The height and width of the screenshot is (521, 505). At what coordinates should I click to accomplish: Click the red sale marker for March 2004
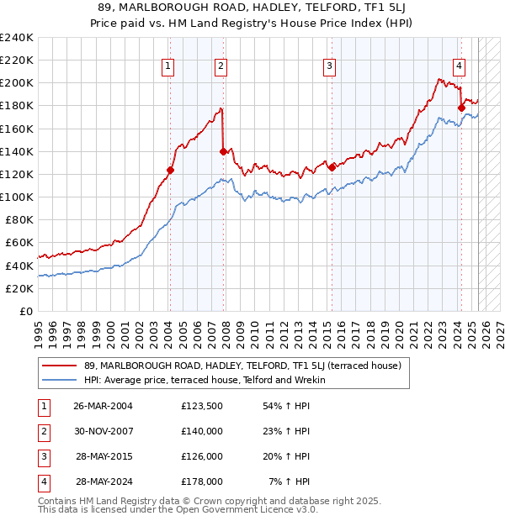click(x=170, y=170)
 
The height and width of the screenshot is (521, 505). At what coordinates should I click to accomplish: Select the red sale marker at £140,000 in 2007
click(x=222, y=151)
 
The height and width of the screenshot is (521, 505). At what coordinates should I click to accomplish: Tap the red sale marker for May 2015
click(x=332, y=166)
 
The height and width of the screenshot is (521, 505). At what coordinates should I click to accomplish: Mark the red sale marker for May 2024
click(x=461, y=107)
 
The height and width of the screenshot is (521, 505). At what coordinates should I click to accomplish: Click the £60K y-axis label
click(x=19, y=243)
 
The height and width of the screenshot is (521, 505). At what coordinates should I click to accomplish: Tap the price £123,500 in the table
click(x=202, y=406)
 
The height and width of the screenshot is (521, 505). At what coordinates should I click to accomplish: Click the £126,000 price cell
click(x=202, y=456)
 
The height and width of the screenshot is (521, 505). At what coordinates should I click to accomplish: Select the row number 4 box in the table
click(x=43, y=482)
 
